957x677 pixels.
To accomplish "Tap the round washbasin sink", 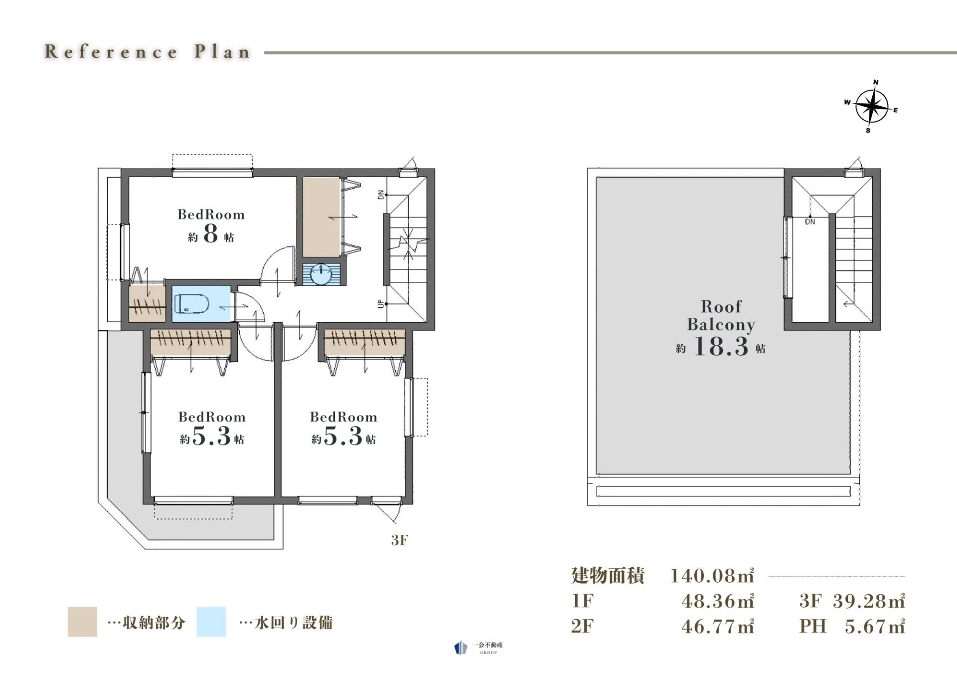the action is pos(321,274).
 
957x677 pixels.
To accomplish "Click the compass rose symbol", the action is pos(872,106).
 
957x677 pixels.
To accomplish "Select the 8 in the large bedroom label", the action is pos(211,233).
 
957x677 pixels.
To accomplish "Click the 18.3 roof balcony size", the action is pos(721,346).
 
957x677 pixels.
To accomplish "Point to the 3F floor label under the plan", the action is pos(400,540).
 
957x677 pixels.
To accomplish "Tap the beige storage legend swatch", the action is pos(82,622).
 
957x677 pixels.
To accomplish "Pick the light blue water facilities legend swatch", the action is pos(211,622).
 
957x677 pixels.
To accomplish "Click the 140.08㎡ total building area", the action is pos(712,576).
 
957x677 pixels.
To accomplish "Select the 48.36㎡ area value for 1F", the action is pos(718,601).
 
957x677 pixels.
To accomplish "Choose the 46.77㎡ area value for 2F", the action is pos(718,627).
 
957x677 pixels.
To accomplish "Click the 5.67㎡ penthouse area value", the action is pos(875,627).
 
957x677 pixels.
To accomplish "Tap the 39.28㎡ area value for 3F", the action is pos(869,601).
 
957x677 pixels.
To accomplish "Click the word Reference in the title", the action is pos(111,51).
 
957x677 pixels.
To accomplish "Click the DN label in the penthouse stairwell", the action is pos(810,222).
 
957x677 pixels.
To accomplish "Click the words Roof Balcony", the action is pos(721,315).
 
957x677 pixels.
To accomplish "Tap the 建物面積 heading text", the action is pos(608,576).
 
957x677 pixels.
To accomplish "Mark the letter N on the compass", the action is pos(876,82).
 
